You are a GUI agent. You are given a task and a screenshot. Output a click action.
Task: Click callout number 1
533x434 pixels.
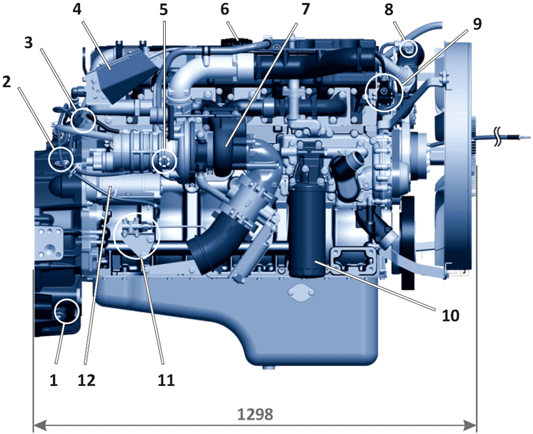[x=54, y=380]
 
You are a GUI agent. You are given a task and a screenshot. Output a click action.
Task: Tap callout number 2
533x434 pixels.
[x=6, y=82]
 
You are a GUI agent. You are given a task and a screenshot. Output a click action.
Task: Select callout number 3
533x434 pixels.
[x=29, y=42]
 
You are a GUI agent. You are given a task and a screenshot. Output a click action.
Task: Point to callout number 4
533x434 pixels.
[x=77, y=9]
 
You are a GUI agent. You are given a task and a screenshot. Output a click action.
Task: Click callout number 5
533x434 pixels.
[x=164, y=10]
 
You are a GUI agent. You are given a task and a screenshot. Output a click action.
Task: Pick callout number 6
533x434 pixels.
[x=225, y=9]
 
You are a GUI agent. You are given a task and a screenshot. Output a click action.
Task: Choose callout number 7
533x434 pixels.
[x=305, y=9]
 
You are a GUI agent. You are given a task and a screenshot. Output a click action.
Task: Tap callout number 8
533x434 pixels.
[x=389, y=9]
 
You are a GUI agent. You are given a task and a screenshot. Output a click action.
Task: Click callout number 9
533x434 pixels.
[x=477, y=24]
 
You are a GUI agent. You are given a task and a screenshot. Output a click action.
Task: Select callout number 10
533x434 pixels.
[x=451, y=316]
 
